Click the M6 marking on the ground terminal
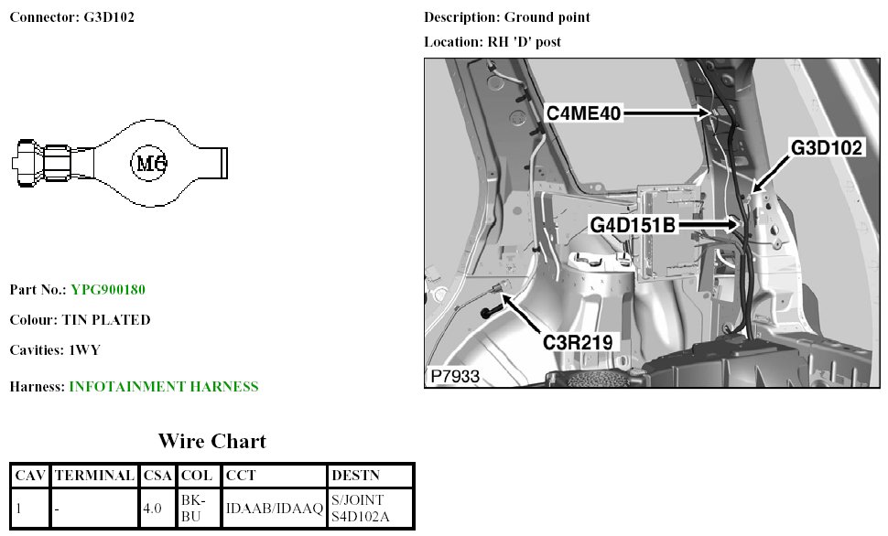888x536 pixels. pos(149,165)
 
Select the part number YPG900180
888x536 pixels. pos(108,290)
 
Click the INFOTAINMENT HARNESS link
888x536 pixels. pos(164,387)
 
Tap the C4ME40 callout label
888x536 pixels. pos(584,113)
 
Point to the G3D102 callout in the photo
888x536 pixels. pos(828,149)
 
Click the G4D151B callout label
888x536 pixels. pos(634,222)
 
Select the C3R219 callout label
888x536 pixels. pos(576,342)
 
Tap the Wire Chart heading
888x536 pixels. pos(211,442)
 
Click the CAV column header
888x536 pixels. pos(30,476)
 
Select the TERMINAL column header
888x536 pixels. pos(95,476)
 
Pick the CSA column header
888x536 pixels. pos(157,476)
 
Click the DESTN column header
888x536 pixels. pos(355,476)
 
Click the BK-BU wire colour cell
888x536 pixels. pos(198,508)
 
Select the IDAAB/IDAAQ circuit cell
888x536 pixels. pos(275,508)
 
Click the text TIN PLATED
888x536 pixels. pos(106,320)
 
